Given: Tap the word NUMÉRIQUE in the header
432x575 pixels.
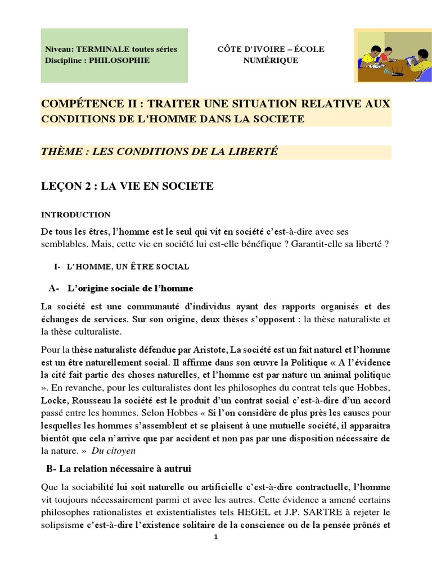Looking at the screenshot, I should [x=271, y=61].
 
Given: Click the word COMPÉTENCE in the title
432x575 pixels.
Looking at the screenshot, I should [x=79, y=104].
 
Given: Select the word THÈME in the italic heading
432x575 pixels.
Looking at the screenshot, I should [x=60, y=152].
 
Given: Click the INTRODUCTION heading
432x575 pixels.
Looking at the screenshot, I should [x=76, y=215].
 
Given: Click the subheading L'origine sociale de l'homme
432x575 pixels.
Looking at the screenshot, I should [x=130, y=289].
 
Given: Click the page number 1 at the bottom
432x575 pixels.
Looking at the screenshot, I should [x=216, y=537].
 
